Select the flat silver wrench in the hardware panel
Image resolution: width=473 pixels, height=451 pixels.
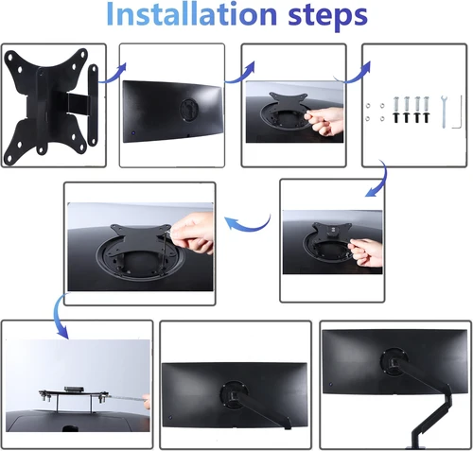[x=441, y=109]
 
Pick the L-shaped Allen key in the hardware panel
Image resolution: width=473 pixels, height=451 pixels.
[x=455, y=113]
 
